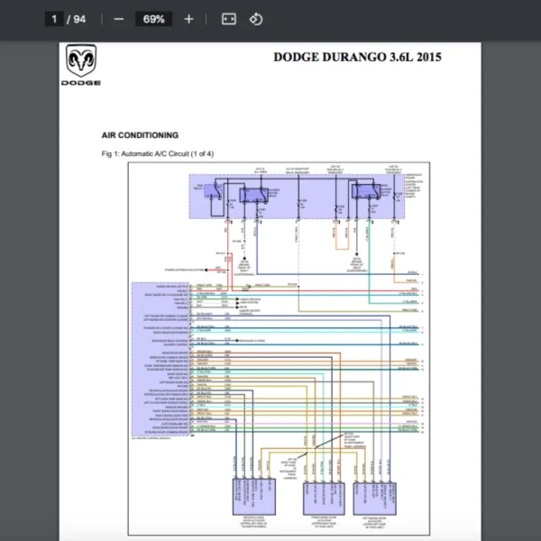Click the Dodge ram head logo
tap(81, 63)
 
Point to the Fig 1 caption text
tap(157, 153)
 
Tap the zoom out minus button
tap(118, 19)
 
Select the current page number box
tap(56, 19)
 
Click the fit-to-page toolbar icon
tap(228, 19)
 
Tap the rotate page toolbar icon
tap(255, 19)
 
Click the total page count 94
tap(80, 19)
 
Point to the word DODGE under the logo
tap(81, 82)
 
